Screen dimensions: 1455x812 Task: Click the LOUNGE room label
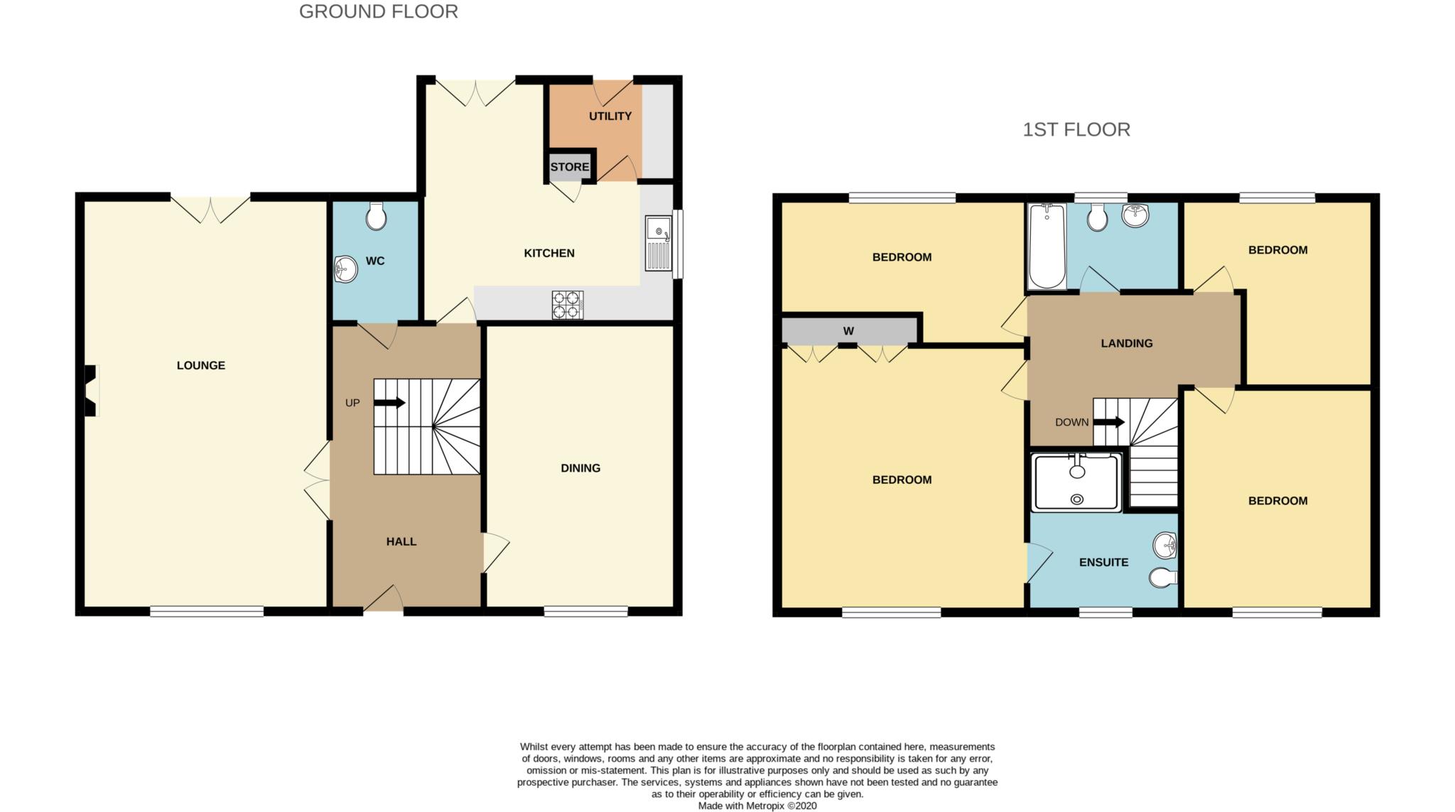(201, 365)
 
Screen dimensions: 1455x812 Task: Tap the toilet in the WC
(376, 216)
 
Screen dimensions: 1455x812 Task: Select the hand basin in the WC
(345, 269)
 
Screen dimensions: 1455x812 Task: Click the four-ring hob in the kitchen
(568, 305)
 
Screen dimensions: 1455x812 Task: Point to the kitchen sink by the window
(659, 244)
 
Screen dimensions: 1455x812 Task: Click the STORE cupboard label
(570, 167)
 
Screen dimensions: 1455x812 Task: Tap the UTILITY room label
(610, 116)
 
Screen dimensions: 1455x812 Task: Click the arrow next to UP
(389, 403)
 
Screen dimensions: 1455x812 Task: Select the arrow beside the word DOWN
(1109, 422)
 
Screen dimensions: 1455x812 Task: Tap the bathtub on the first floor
(1046, 247)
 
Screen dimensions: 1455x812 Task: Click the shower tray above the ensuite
(1077, 482)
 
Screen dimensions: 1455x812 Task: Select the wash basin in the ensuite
(1165, 546)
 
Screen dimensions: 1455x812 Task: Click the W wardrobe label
(848, 331)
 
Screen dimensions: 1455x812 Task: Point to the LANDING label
(1127, 343)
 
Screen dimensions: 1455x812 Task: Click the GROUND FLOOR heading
(379, 11)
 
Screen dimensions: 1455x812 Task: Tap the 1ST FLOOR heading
(1076, 129)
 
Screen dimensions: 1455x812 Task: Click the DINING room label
(580, 468)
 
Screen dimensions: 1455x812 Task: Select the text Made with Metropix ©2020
(757, 806)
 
